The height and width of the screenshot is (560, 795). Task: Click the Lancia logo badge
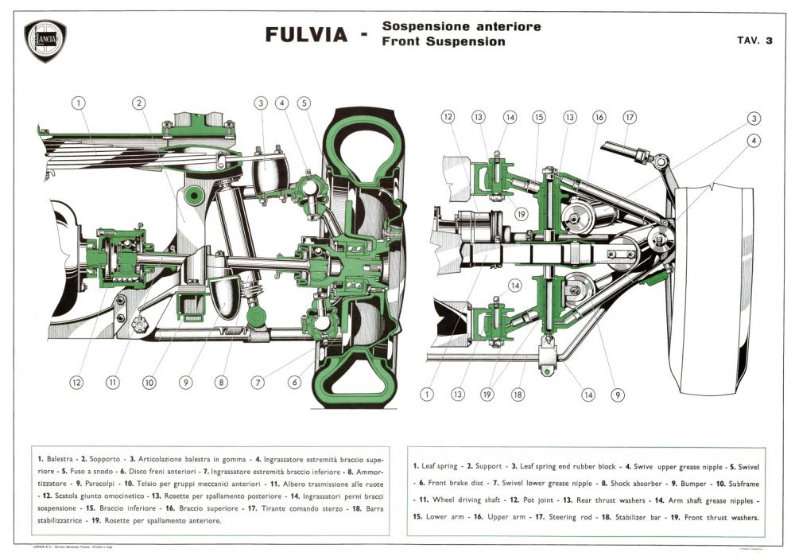[45, 41]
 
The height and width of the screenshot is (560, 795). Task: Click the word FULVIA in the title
[306, 35]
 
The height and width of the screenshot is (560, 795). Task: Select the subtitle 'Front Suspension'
[443, 41]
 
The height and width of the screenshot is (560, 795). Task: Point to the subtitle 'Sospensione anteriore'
[461, 26]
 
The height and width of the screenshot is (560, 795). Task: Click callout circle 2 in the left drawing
[139, 103]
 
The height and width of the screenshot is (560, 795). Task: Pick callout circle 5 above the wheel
[304, 103]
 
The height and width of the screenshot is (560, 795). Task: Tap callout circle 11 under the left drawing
[113, 382]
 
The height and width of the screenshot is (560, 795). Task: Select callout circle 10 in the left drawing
[149, 382]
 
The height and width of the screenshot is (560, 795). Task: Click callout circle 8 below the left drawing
[222, 382]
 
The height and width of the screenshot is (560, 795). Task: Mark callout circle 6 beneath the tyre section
[295, 382]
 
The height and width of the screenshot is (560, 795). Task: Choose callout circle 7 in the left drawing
[258, 382]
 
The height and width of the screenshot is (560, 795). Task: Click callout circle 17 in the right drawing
[630, 117]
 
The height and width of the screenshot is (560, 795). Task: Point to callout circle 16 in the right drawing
[599, 117]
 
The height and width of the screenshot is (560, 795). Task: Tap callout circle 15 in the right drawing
[538, 117]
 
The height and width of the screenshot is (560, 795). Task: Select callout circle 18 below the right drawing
[518, 394]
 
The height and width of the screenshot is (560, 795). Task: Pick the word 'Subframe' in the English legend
[736, 483]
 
